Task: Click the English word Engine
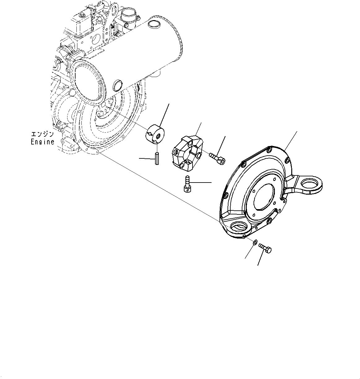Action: point(42,142)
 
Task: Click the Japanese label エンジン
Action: point(42,135)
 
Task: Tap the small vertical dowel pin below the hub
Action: point(158,159)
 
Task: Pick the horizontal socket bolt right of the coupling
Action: point(217,158)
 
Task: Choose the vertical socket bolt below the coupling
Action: point(187,184)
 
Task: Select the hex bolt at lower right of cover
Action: point(265,248)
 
